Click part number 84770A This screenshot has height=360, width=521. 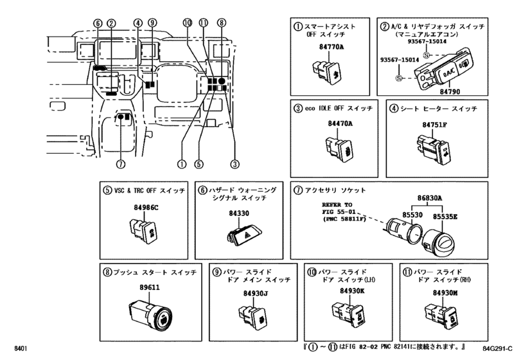331,47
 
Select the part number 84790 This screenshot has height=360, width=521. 450,91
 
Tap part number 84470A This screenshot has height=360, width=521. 340,123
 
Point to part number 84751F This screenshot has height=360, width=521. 435,125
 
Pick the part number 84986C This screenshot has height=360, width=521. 146,208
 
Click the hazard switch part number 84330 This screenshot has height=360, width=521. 239,213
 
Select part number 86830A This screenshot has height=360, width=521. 430,199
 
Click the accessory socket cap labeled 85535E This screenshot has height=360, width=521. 439,244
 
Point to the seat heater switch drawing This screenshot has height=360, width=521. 432,149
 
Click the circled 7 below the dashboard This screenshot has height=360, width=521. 121,164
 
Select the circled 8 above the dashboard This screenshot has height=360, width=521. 222,22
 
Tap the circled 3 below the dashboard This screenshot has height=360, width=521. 235,164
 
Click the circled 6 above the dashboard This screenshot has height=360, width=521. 98,23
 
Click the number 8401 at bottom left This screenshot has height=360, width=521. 21,348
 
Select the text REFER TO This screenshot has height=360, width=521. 337,205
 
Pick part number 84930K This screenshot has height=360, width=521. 352,291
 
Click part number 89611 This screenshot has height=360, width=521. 150,287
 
